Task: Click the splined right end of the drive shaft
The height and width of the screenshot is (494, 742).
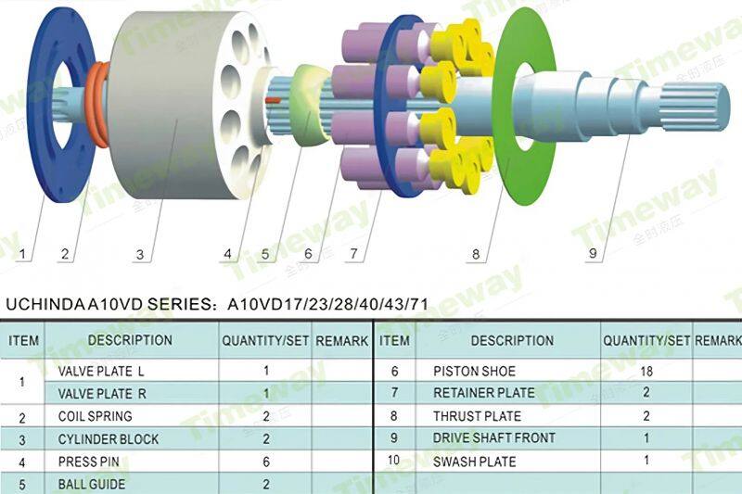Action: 695,107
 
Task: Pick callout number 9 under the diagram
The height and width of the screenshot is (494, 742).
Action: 593,253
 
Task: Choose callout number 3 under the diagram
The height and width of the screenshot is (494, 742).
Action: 140,255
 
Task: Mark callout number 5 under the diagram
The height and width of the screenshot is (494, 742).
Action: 265,254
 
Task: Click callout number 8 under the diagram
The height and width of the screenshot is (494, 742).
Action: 476,254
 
